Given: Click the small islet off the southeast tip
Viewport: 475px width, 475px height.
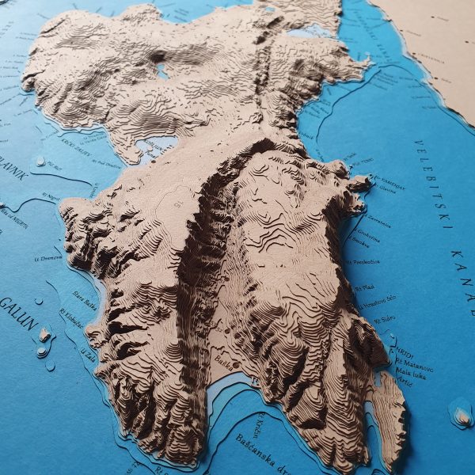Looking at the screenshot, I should (x=460, y=412).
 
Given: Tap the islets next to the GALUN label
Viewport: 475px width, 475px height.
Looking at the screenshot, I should (x=44, y=340).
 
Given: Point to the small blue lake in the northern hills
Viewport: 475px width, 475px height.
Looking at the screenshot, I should (x=162, y=71).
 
